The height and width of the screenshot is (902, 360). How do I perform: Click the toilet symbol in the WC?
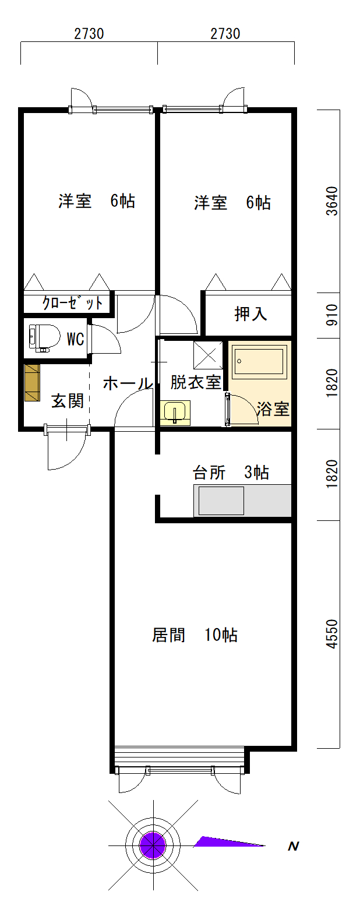pyautogui.click(x=44, y=338)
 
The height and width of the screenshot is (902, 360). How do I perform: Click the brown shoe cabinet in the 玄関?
pyautogui.click(x=33, y=383)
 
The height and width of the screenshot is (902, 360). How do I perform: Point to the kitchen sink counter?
pyautogui.click(x=242, y=501)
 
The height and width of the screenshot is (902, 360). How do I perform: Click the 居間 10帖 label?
pyautogui.click(x=195, y=635)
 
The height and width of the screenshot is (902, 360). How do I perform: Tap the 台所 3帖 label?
pyautogui.click(x=231, y=473)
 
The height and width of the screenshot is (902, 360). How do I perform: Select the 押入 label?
pyautogui.click(x=250, y=313)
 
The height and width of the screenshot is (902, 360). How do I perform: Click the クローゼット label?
pyautogui.click(x=72, y=303)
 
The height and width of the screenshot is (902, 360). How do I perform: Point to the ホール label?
pyautogui.click(x=128, y=383)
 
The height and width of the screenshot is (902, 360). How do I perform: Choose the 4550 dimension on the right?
pyautogui.click(x=332, y=634)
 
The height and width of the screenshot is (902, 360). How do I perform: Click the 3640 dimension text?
pyautogui.click(x=332, y=201)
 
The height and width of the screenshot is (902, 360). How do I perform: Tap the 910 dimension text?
pyautogui.click(x=331, y=315)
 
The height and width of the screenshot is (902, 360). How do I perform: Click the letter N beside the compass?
pyautogui.click(x=293, y=846)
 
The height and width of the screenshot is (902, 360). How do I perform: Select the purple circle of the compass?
pyautogui.click(x=153, y=845)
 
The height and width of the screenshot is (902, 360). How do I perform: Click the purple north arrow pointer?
pyautogui.click(x=230, y=842)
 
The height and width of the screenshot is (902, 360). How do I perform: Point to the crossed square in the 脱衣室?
pyautogui.click(x=208, y=355)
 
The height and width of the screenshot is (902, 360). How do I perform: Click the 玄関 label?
pyautogui.click(x=67, y=401)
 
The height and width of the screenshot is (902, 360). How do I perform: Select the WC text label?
pyautogui.click(x=75, y=339)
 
